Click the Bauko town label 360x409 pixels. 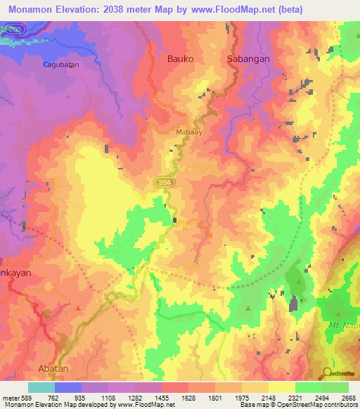pos(179,59)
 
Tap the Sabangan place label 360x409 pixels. pos(248,59)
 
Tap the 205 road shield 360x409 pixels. pos(13,29)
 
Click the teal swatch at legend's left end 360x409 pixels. pos(41,387)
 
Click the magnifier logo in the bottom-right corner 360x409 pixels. pos(326,372)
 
